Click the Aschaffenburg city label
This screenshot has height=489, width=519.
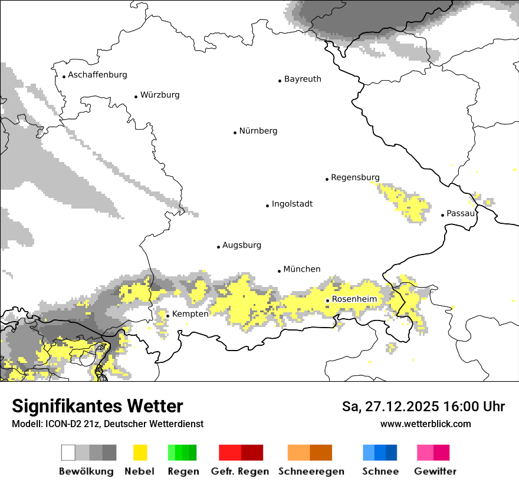pos(97,75)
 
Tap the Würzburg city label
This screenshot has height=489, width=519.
pos(160,95)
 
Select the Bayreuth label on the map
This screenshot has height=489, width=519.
pos(303,79)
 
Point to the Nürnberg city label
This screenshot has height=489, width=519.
pos(258,131)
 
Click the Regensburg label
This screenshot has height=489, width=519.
pos(355,177)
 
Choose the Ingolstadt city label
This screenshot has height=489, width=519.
pos(292,204)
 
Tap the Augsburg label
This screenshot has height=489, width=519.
pos(241,245)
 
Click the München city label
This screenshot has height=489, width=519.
pos(302,269)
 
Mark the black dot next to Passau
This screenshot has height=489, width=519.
pos(442,215)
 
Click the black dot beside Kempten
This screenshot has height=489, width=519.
pos(167,316)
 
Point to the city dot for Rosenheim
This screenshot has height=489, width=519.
pos(327,300)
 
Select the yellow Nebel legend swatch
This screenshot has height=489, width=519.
pos(140,452)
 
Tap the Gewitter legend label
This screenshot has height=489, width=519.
pos(435,471)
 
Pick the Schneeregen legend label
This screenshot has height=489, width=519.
pos(311,471)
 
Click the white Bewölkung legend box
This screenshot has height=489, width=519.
pos(68,452)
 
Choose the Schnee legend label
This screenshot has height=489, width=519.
pos(380,471)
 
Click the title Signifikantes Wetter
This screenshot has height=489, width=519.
pos(97,407)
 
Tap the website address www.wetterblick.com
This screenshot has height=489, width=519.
pos(426,424)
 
